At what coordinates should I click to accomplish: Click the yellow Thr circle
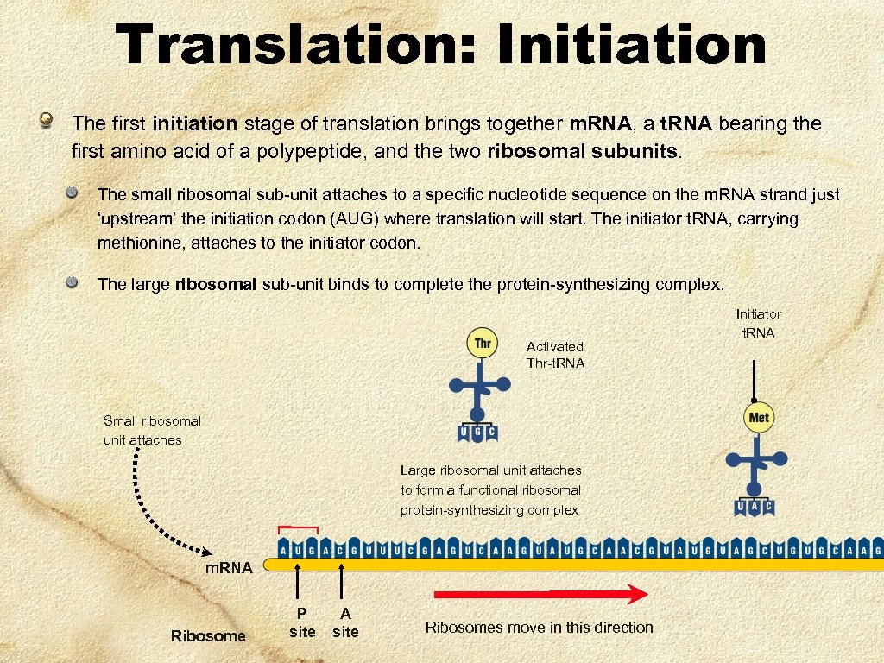coord(483,344)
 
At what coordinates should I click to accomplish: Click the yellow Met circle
coord(759,418)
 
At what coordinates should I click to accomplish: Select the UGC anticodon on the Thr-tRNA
coord(477,431)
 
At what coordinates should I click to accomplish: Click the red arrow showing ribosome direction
coord(540,594)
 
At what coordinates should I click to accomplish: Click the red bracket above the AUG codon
coord(298,527)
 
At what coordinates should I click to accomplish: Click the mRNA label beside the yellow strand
coord(229,568)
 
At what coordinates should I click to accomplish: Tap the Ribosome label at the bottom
coord(208,636)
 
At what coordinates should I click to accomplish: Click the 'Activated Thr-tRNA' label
coord(555,355)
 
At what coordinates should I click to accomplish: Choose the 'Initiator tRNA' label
coord(758,324)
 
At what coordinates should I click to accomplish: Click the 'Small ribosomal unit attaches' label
coord(152,430)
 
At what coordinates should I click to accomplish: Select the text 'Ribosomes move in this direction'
coord(539,628)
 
